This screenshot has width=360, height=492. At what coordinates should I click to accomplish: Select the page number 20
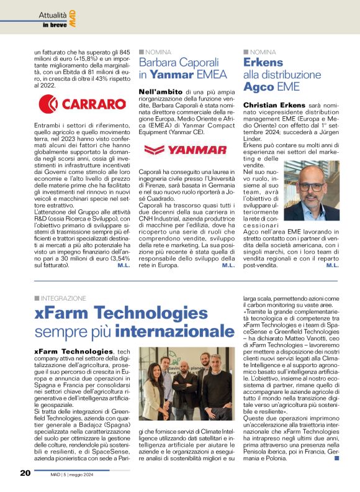[x=25, y=473]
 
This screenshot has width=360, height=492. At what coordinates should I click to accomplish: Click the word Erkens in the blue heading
[x=263, y=63]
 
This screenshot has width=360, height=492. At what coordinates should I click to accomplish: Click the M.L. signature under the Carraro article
[x=122, y=265]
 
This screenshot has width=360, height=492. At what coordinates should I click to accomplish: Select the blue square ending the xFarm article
[x=336, y=459]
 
